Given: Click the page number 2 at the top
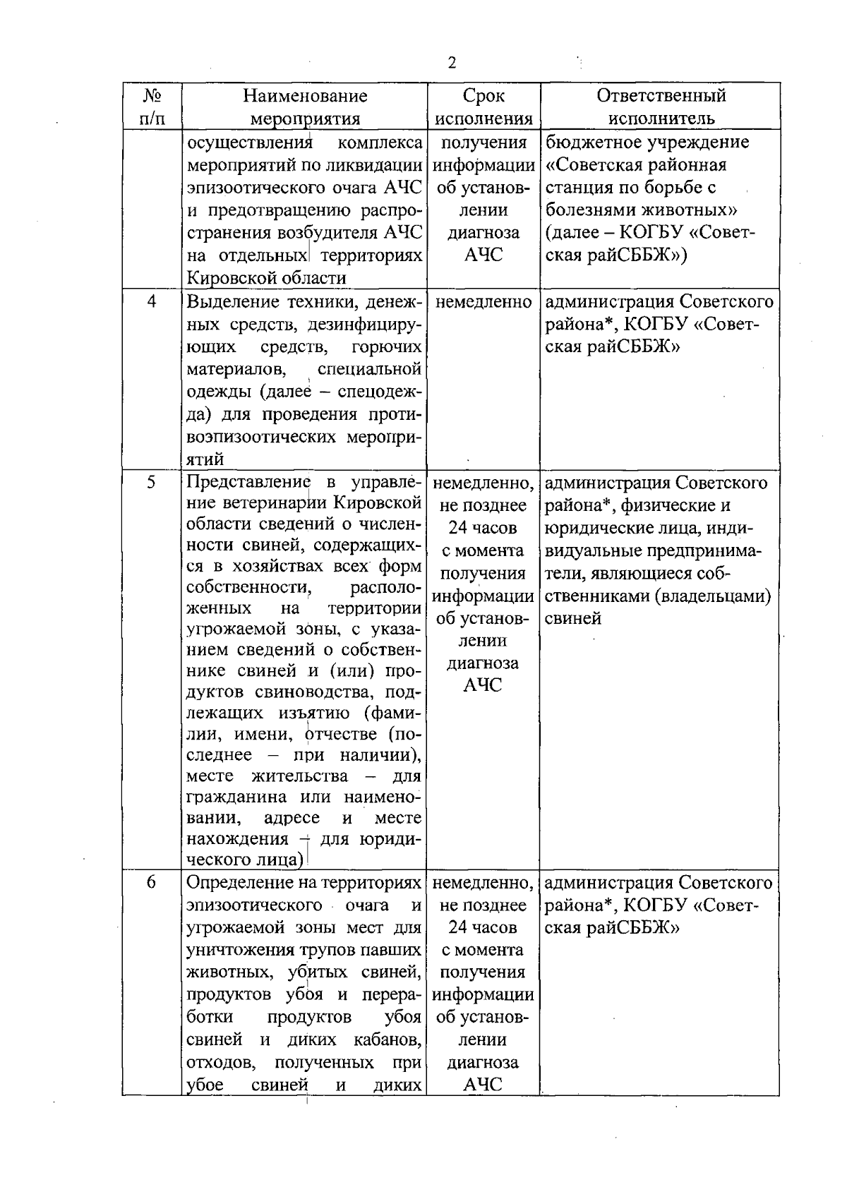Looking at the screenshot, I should [x=452, y=63].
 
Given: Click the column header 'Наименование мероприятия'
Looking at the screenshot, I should [x=306, y=106].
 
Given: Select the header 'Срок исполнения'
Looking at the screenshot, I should [x=483, y=106].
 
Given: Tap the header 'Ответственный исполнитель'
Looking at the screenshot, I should [x=661, y=106].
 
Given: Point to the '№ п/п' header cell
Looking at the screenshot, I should [x=152, y=106].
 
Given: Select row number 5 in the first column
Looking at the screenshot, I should [x=152, y=483].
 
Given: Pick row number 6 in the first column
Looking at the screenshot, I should [x=152, y=883].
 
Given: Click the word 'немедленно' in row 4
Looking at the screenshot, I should [x=483, y=302].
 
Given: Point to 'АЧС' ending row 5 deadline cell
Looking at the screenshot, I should [x=483, y=685].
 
